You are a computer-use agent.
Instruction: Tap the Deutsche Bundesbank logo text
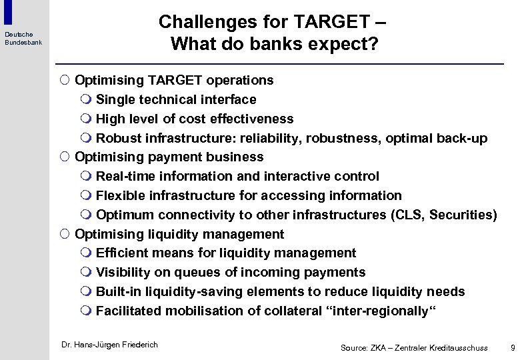click(23, 38)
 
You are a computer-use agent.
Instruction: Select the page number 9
click(511, 347)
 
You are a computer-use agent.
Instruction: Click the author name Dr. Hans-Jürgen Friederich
click(109, 345)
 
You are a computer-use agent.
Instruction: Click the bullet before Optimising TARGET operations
click(64, 81)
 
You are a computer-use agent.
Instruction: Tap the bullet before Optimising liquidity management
click(64, 235)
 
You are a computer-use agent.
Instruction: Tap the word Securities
click(461, 215)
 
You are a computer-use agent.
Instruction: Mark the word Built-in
click(117, 292)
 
